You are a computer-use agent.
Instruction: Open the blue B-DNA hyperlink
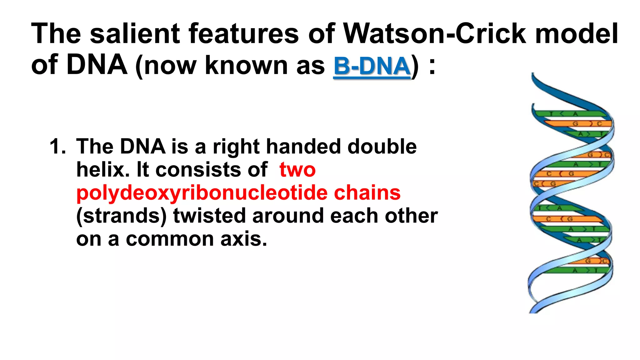pos(372,66)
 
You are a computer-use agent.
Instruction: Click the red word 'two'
pos(297,170)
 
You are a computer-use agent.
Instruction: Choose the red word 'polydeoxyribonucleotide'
pos(202,193)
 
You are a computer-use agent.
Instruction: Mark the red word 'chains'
pos(367,193)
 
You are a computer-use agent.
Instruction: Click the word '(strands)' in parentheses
pos(121,216)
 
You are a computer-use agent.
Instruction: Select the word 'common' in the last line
pos(170,239)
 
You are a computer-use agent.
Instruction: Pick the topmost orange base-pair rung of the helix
pos(578,124)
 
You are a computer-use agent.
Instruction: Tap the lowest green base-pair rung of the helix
pos(578,270)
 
